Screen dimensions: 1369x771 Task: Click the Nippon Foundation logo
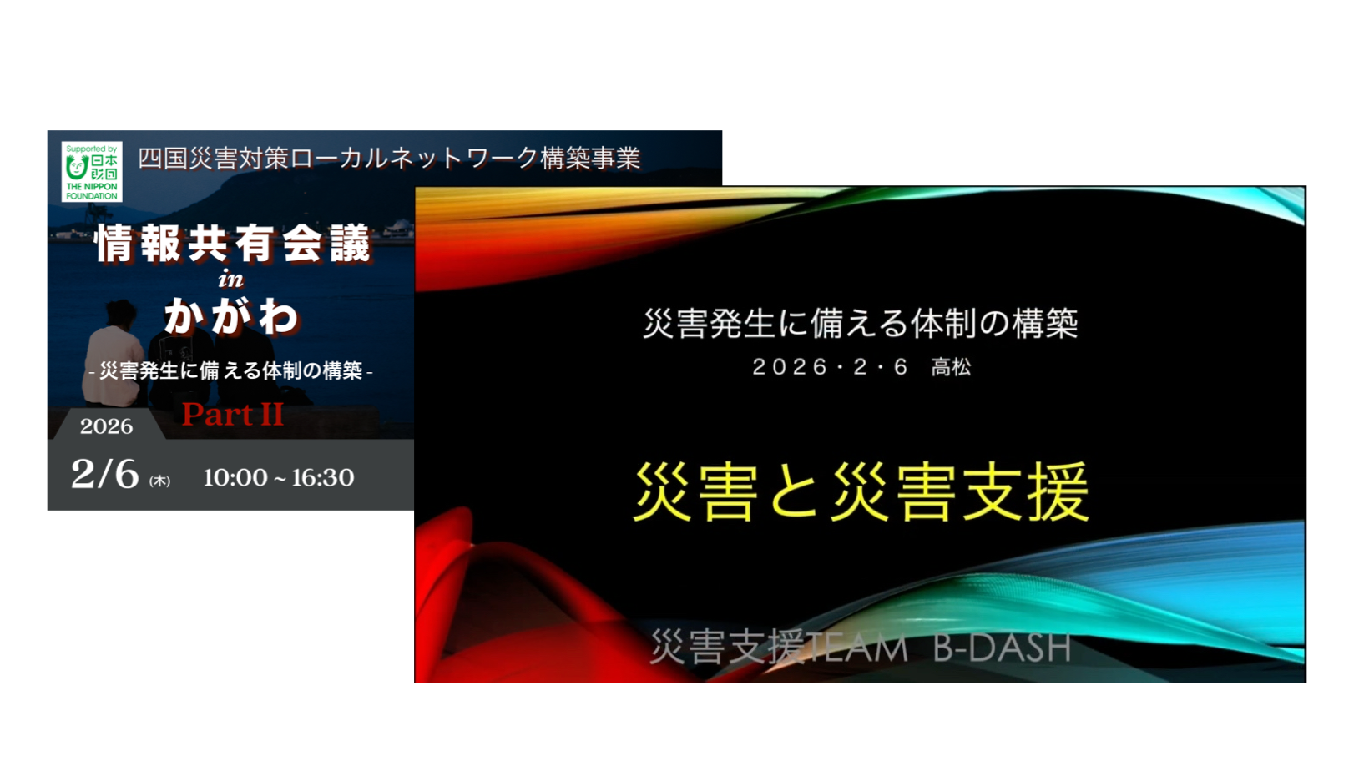point(92,172)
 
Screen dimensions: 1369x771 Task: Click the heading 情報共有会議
point(234,244)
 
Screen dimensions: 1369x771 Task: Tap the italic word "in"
point(231,280)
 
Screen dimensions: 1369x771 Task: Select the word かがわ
point(231,316)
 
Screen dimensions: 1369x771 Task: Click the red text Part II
point(233,414)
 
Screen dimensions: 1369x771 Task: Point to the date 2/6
point(105,474)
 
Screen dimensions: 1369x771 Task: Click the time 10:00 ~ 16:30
point(279,478)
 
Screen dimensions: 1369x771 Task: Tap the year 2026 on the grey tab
point(106,426)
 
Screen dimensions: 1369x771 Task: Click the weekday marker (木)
point(159,481)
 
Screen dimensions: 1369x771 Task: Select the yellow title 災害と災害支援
point(861,491)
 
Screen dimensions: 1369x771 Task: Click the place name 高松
point(951,367)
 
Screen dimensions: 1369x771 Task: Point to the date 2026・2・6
point(830,367)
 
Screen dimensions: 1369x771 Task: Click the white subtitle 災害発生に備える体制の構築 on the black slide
point(861,323)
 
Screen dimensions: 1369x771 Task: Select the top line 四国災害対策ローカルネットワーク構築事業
point(389,159)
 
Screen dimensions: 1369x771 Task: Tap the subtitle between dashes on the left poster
point(231,370)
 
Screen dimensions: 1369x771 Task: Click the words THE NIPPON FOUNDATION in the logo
point(92,191)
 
